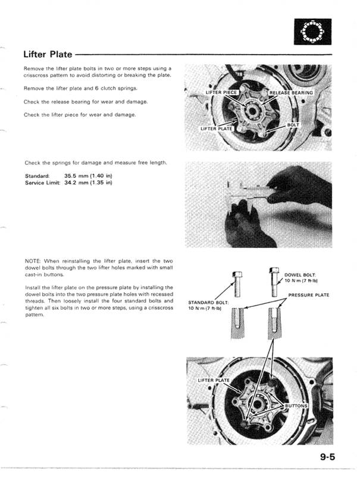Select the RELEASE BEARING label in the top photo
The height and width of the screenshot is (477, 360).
(x=291, y=93)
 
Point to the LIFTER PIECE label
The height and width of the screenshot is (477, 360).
(x=221, y=93)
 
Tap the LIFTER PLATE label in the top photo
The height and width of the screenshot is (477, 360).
(x=216, y=128)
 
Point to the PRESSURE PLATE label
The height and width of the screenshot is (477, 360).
(x=308, y=294)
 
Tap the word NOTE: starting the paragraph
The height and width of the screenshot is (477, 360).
(x=33, y=261)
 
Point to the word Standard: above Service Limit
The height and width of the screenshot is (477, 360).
(x=38, y=176)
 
